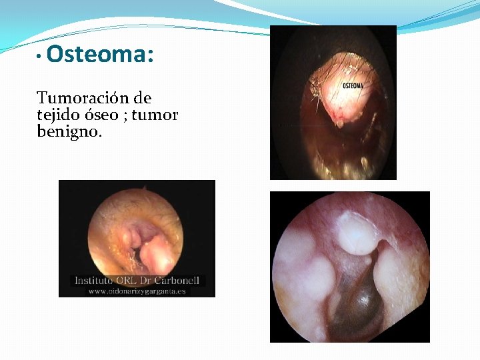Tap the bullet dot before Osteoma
coord(40,56)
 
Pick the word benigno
coord(69,132)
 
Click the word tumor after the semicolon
coord(155,115)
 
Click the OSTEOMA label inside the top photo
coord(353,86)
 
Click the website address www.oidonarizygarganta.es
coord(137,291)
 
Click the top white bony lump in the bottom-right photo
coord(357,233)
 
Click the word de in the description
coord(142,99)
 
